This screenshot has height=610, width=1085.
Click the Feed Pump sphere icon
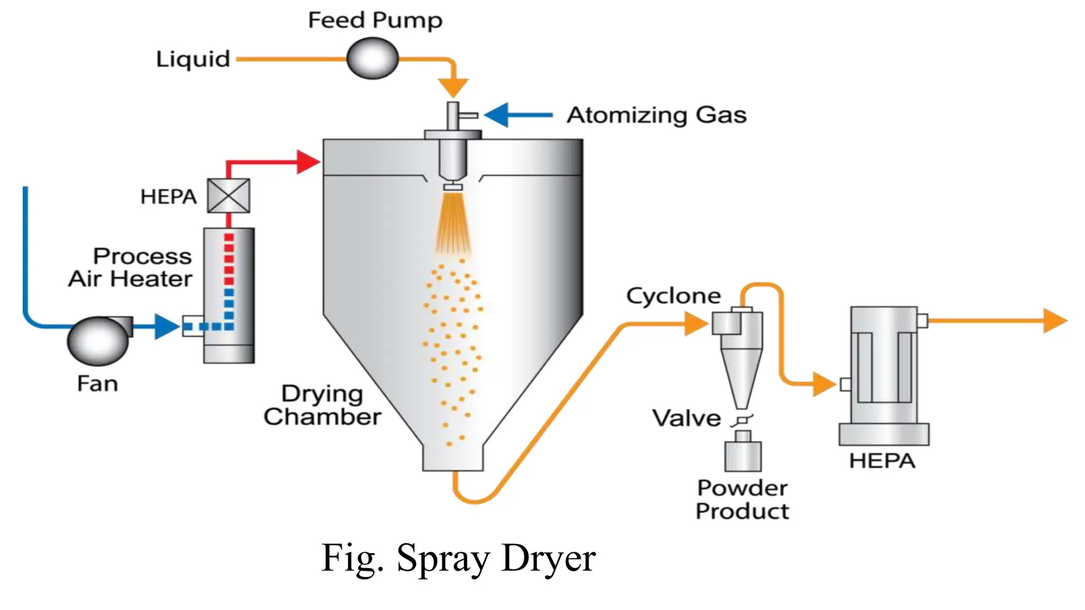[372, 58]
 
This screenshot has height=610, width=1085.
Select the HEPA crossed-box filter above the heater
[228, 196]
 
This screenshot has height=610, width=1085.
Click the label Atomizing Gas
[656, 115]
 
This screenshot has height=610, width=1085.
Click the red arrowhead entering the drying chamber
[308, 162]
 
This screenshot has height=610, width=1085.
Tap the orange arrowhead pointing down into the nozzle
[453, 87]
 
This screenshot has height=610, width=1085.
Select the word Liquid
[193, 59]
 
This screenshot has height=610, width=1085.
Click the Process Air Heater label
[131, 267]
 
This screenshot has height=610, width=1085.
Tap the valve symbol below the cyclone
[742, 420]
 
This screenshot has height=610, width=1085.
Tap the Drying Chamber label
[322, 405]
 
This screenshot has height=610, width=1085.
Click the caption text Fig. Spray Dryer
[458, 558]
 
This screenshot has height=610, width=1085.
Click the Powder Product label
[742, 499]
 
